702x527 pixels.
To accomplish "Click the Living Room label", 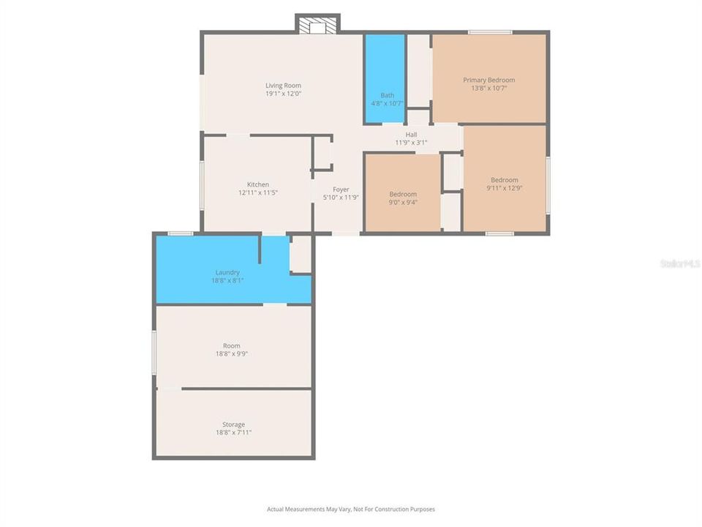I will (283, 86).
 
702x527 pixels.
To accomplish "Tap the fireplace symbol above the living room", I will (317, 25).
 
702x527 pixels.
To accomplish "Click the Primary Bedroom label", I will (488, 80).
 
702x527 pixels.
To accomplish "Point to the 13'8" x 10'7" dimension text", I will (488, 88).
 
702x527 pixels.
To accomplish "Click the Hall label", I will (411, 135).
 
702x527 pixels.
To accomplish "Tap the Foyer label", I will (341, 189).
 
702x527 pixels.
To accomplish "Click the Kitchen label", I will (257, 184).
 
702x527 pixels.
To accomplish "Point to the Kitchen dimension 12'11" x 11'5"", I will (257, 193).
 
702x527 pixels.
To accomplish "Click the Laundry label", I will (227, 272).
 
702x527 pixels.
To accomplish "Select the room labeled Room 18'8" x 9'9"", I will (232, 349).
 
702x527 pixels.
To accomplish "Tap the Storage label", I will (233, 425).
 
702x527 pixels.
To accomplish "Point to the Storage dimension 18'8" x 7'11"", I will (233, 433).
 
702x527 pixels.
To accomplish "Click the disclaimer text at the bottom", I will (350, 509).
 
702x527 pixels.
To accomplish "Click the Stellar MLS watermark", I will (679, 263).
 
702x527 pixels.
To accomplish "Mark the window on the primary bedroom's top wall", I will (490, 32).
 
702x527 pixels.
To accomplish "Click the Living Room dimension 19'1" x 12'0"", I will (283, 94).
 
